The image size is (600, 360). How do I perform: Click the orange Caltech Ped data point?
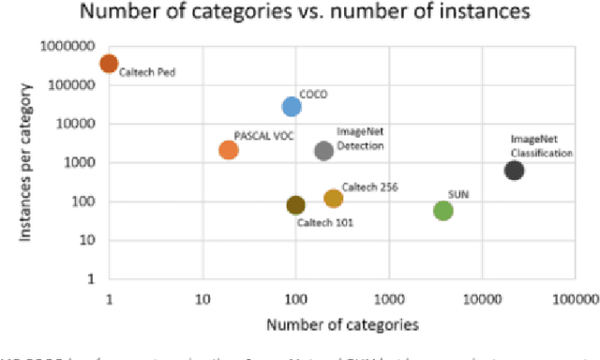(x=109, y=64)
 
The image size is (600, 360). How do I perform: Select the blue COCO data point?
(x=292, y=107)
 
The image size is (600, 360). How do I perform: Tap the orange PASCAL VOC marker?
(x=228, y=150)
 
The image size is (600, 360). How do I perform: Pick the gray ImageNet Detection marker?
(x=324, y=150)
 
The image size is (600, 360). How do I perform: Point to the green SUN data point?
(x=443, y=210)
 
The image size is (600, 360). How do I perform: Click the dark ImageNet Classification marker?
(x=514, y=170)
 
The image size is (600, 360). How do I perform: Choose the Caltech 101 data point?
(x=295, y=205)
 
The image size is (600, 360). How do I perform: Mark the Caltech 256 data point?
(x=333, y=198)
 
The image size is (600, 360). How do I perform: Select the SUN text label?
(x=459, y=193)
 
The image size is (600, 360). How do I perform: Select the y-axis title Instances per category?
(x=29, y=161)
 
